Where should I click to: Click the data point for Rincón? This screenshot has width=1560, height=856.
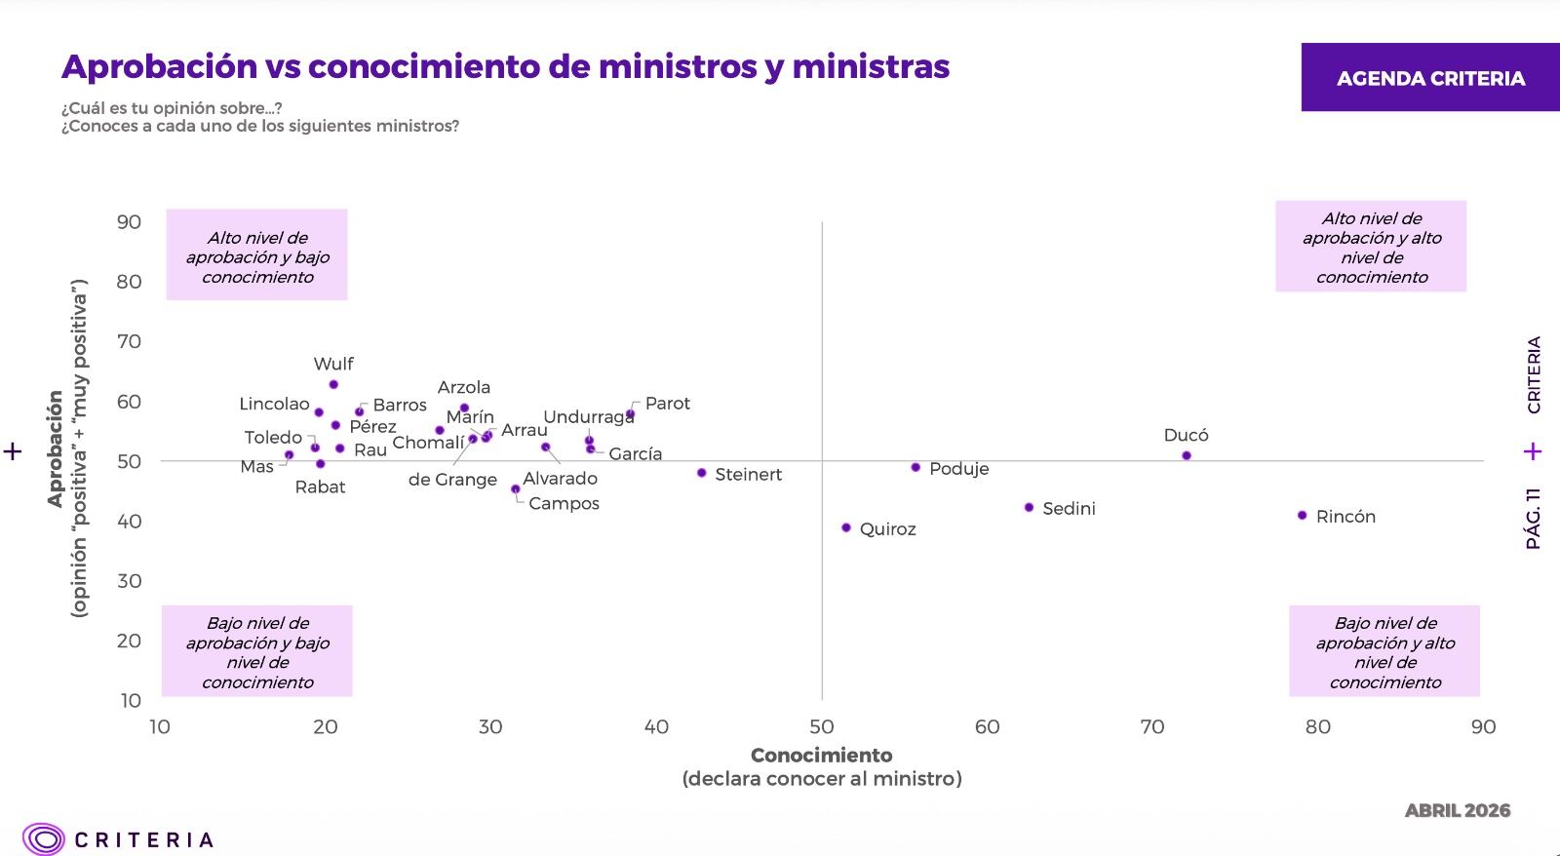pos(1303,516)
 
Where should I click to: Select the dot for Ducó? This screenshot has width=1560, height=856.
pos(1187,455)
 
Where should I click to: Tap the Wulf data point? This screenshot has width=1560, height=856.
pos(333,384)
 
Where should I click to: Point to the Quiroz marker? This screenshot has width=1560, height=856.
pos(846,527)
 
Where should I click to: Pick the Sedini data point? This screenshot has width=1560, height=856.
pos(1030,507)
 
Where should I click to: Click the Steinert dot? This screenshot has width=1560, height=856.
pos(701,473)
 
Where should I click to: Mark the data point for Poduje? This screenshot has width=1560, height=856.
pos(916,467)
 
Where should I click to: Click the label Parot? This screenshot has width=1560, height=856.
pos(667,404)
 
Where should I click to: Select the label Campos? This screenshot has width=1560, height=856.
pos(564,504)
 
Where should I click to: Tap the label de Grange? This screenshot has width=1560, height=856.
pos(452,480)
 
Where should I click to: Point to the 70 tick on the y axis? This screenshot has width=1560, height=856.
pos(129,341)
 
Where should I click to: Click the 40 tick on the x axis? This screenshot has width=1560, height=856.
pos(656,727)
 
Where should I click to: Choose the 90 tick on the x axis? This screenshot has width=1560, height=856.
pos(1483,727)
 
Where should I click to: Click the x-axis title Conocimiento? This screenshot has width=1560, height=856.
pos(821,755)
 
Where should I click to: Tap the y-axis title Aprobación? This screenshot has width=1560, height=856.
pos(55,448)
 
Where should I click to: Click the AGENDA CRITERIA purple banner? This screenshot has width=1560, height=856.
pos(1430,77)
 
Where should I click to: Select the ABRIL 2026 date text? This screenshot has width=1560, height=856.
pos(1458,810)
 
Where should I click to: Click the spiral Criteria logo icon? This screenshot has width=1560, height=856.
pos(43,838)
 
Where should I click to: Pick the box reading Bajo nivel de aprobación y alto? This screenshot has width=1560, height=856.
pos(1384,650)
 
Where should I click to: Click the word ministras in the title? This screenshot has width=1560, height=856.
pos(871,67)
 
